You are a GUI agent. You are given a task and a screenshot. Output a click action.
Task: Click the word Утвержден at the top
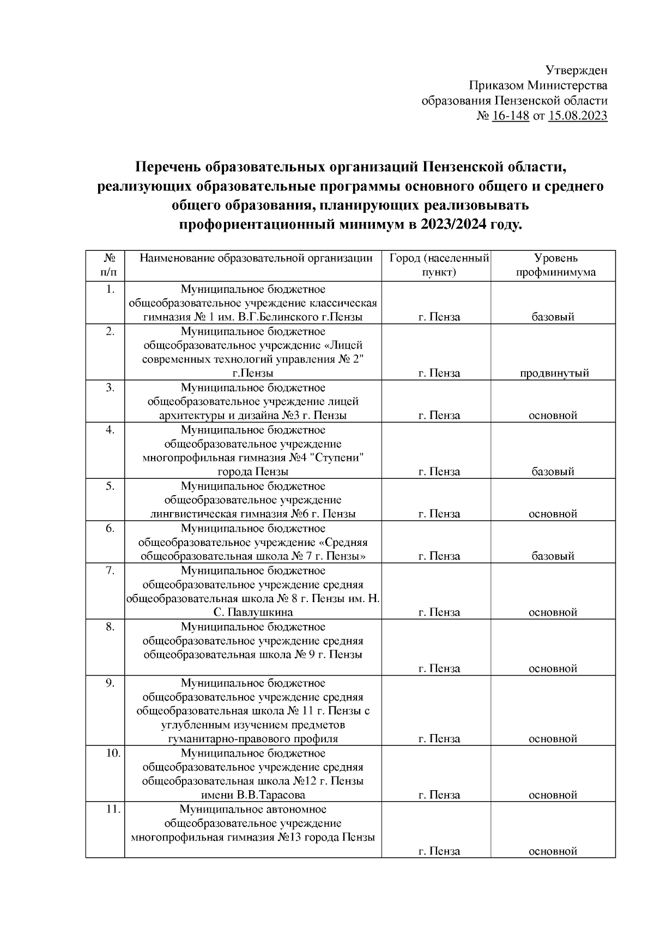[576, 70]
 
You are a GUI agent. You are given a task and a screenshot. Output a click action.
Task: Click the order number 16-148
[511, 116]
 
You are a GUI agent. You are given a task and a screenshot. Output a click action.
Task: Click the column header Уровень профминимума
[555, 265]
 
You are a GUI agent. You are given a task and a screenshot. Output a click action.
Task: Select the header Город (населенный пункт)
[438, 265]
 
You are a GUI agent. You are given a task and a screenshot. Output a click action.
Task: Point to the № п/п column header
[110, 265]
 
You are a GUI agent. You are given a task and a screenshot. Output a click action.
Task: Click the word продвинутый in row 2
[554, 374]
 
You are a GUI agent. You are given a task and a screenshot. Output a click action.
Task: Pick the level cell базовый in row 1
[553, 317]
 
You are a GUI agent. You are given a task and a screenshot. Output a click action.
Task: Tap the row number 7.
[110, 571]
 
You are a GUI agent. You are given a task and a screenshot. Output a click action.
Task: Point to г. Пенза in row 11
[439, 851]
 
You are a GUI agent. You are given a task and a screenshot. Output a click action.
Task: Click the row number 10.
[112, 754]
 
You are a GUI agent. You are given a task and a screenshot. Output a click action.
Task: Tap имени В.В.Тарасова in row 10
[253, 795]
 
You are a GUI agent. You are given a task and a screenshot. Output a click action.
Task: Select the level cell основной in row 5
[553, 514]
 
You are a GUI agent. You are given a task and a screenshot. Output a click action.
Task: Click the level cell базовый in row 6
[553, 556]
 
